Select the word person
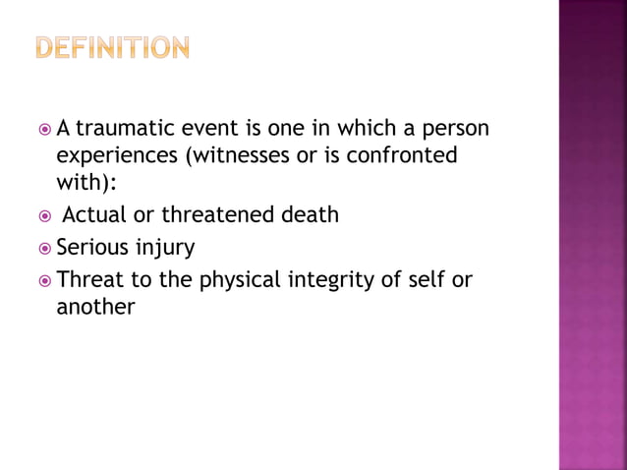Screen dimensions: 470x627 (x=455, y=131)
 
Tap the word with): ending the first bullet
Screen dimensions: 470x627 (x=86, y=184)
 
